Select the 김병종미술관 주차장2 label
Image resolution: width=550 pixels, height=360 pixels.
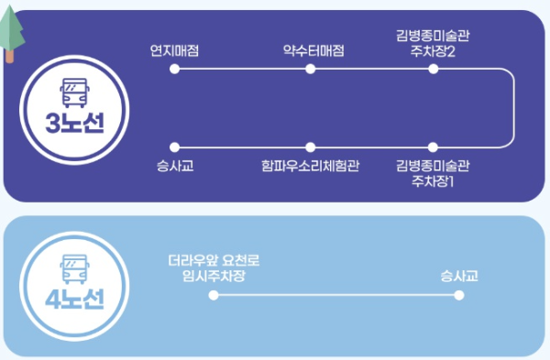pyautogui.click(x=434, y=43)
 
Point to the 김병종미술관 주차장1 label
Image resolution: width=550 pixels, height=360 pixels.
pyautogui.click(x=434, y=172)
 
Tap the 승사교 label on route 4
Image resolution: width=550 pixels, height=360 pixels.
pyautogui.click(x=459, y=275)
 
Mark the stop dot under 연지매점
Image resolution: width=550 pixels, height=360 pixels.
pyautogui.click(x=174, y=70)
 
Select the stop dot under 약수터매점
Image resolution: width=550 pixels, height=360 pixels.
pyautogui.click(x=312, y=70)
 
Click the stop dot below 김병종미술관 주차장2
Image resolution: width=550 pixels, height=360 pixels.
pyautogui.click(x=434, y=70)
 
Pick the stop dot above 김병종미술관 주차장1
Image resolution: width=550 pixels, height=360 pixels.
pyautogui.click(x=434, y=147)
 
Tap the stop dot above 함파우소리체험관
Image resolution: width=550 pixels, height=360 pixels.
pyautogui.click(x=312, y=147)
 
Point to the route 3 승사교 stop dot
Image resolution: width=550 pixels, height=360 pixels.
pyautogui.click(x=174, y=147)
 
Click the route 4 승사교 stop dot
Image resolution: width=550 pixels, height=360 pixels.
pyautogui.click(x=459, y=295)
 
